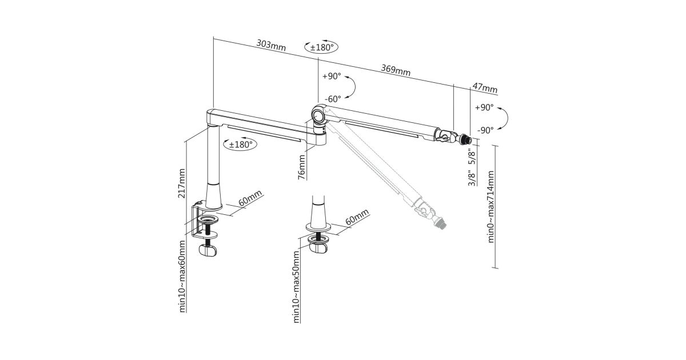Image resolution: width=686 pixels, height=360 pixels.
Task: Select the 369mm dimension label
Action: [396, 70]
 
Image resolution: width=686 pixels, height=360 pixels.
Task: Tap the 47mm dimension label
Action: [485, 88]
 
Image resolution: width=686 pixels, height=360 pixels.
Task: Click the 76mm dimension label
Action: [302, 166]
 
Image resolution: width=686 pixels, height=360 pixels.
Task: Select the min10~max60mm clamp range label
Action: [182, 277]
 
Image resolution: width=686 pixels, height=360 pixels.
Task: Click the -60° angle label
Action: [333, 99]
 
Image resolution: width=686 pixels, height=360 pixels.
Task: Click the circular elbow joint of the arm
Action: [318, 114]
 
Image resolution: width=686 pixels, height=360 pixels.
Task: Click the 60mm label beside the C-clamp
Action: [249, 200]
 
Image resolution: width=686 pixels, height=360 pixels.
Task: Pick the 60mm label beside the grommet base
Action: [357, 218]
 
